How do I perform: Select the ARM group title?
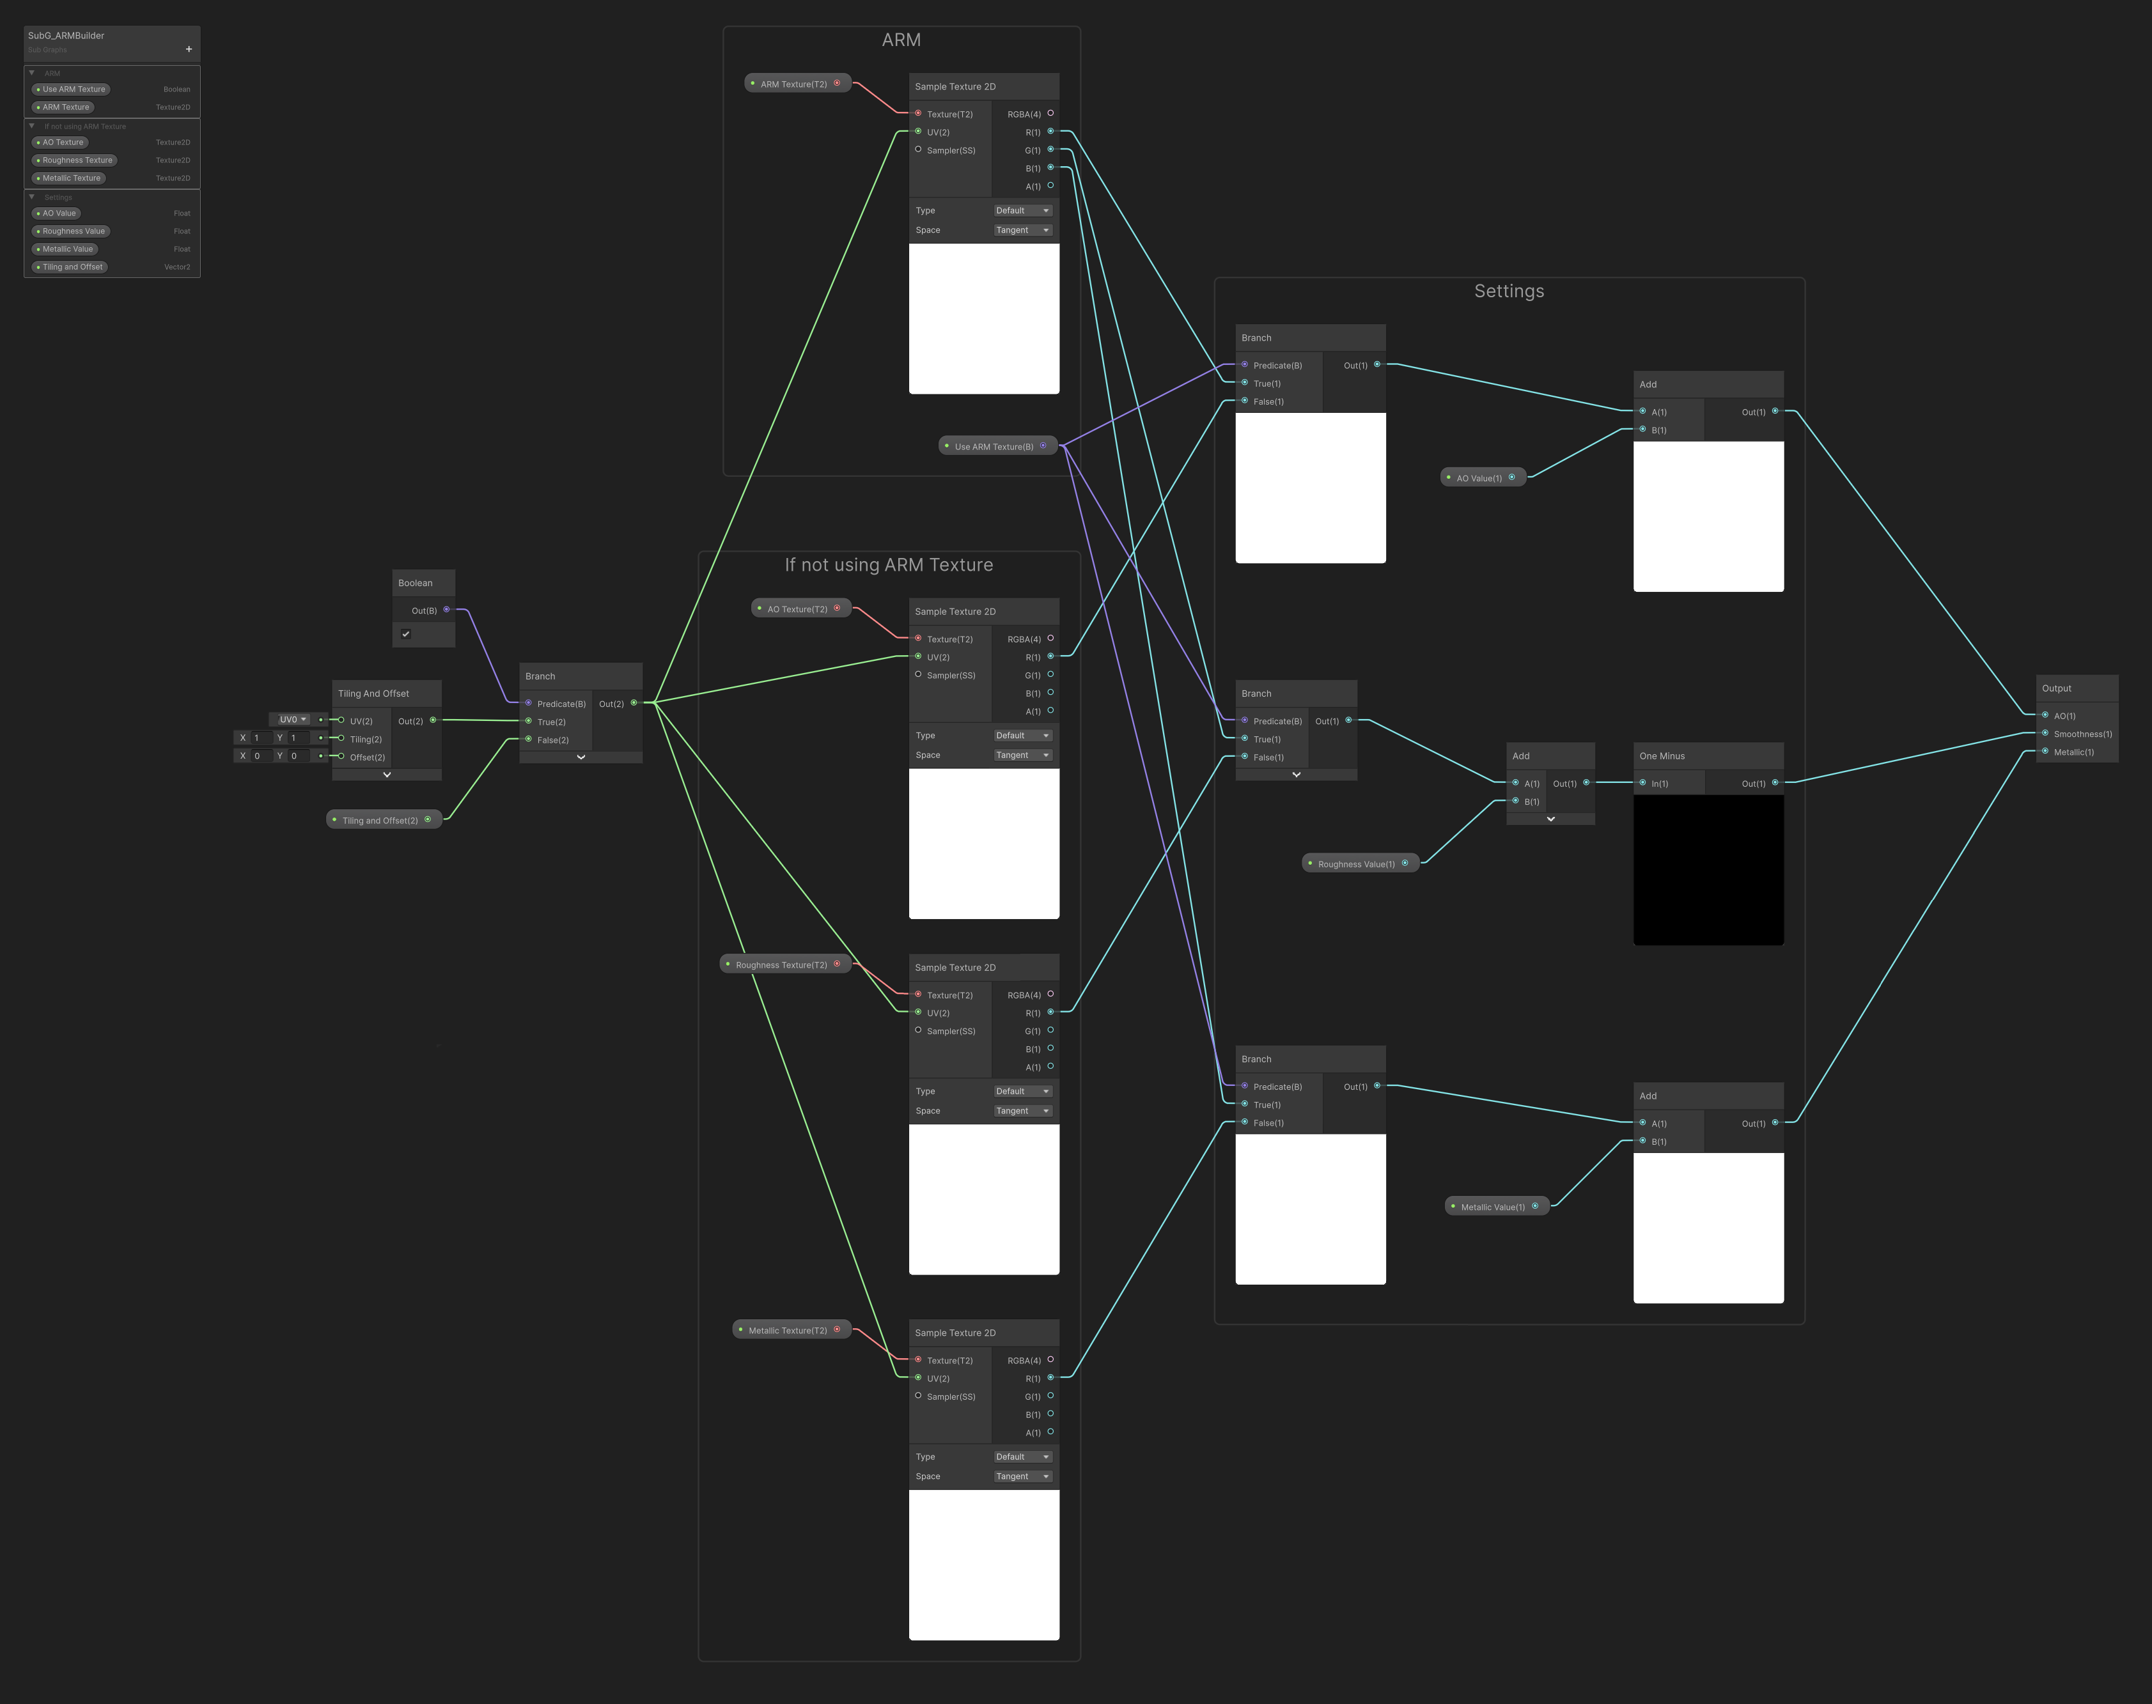click(901, 40)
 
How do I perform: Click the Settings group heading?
click(1508, 291)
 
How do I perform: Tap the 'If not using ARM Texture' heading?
click(888, 564)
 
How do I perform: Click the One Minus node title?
click(1662, 756)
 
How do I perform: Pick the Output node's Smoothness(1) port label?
click(2082, 734)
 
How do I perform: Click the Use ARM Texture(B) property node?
click(994, 446)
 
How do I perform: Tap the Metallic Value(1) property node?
click(1493, 1207)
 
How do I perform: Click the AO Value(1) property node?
click(1479, 478)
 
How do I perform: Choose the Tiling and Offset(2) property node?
click(380, 820)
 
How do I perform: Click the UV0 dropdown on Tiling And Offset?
click(292, 719)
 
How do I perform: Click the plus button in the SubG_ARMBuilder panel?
click(189, 49)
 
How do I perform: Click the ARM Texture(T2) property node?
click(793, 84)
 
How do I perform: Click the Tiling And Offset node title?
click(373, 693)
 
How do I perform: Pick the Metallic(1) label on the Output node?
click(2073, 752)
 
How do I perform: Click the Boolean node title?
click(415, 583)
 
